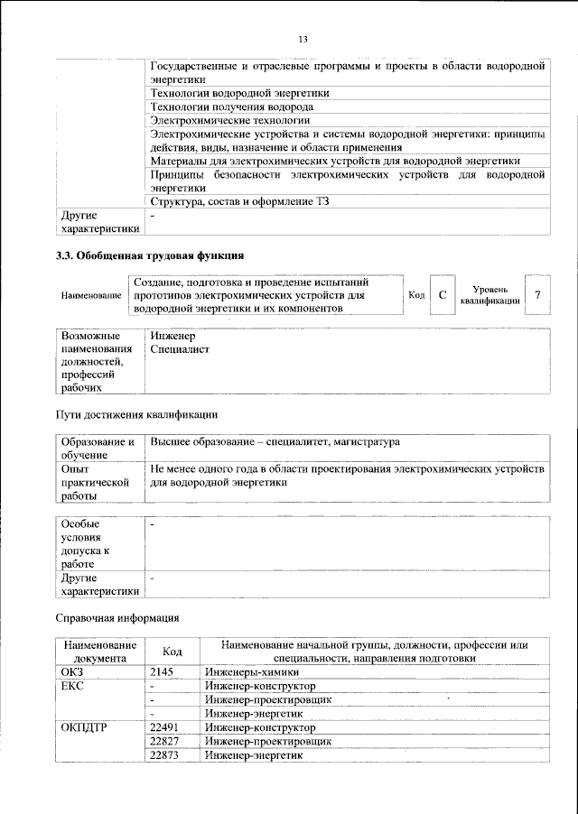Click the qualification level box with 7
[537, 295]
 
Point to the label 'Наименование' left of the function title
[91, 296]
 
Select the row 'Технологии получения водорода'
[219, 106]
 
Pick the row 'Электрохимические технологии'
[230, 119]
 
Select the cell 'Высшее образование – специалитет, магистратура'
[275, 442]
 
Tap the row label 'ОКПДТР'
[84, 726]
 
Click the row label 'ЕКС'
[72, 686]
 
